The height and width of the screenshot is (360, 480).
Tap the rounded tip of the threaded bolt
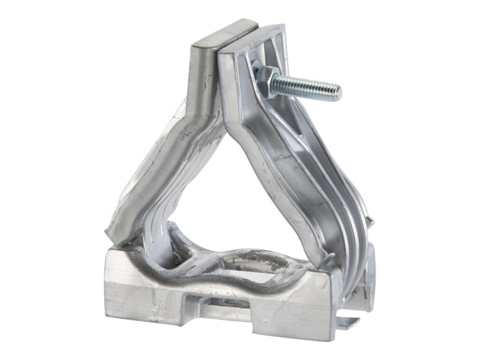[x=337, y=92]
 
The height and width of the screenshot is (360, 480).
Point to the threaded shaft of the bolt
[x=306, y=86]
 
